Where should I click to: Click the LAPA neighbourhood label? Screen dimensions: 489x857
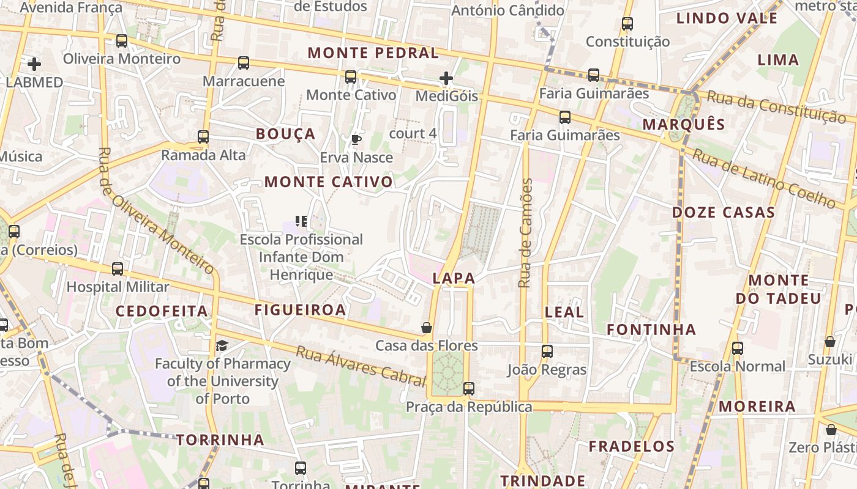[454, 278]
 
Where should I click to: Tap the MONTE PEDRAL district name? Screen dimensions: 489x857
[373, 53]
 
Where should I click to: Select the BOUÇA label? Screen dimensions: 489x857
[285, 134]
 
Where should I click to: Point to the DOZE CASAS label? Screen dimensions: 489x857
[724, 213]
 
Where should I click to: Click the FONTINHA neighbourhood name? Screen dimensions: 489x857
[651, 330]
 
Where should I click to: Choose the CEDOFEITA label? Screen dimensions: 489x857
[162, 311]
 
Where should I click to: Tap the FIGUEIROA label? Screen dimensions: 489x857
[300, 310]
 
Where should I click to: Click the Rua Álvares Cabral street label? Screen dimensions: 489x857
[360, 366]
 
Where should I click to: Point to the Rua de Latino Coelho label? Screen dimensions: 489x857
[763, 178]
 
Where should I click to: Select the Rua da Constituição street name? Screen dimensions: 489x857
[776, 106]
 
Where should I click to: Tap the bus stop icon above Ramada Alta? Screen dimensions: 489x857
[203, 137]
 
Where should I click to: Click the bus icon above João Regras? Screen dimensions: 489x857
[547, 351]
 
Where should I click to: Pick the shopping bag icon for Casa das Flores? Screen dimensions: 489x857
[427, 328]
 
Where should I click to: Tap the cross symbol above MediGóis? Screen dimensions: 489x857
[446, 78]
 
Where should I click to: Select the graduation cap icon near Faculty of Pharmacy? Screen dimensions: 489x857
[222, 346]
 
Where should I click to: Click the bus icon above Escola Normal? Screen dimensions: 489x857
[738, 348]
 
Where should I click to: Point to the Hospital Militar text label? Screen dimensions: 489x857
[118, 287]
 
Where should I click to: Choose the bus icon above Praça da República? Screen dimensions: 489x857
[469, 388]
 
